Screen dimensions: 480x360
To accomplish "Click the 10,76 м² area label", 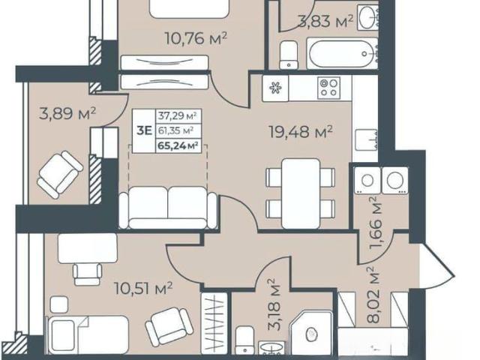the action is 196,38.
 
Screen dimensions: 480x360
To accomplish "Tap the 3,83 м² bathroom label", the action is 325,21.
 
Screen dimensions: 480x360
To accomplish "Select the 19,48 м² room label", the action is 301,132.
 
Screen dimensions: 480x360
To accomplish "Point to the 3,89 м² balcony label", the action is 67,113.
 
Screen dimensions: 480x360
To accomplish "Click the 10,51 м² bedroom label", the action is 143,288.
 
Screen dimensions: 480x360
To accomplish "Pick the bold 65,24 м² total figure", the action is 177,145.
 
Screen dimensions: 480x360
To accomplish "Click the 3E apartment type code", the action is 144,130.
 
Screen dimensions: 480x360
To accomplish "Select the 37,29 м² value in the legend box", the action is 177,115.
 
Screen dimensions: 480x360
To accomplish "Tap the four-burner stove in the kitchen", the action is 328,88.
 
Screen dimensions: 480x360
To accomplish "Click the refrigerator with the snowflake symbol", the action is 275,88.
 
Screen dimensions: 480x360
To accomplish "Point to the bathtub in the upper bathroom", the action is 342,54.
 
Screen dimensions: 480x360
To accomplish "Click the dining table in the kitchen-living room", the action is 300,193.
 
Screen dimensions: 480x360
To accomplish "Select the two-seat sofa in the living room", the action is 168,208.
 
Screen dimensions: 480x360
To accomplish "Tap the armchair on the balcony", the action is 59,174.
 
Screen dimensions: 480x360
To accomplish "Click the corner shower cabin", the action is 310,333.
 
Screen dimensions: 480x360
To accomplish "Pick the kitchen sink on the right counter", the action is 366,140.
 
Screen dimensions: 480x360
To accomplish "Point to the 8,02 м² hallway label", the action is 373,295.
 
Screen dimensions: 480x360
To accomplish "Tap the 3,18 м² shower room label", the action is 274,304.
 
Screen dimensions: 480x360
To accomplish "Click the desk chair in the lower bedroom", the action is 87,274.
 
